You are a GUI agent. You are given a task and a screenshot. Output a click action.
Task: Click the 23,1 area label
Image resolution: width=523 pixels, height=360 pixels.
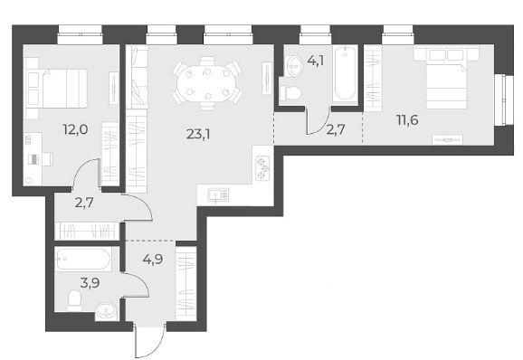coord(198,135)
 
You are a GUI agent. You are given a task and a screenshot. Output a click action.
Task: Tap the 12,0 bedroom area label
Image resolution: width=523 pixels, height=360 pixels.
coord(75,129)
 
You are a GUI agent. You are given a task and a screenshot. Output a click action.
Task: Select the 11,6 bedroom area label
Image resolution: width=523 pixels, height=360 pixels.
coord(407,119)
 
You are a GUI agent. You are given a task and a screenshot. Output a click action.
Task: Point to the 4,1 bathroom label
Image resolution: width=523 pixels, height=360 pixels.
coord(316,61)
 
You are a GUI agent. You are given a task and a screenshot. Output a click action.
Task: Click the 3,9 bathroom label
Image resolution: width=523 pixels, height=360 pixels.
coord(90,283)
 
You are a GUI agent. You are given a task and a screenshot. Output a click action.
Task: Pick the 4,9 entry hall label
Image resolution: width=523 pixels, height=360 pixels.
coord(153,259)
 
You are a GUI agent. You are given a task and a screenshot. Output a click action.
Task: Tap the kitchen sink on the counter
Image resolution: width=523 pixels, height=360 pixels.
coord(218,194)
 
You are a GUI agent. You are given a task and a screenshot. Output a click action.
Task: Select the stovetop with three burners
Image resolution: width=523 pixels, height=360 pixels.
coord(262,168)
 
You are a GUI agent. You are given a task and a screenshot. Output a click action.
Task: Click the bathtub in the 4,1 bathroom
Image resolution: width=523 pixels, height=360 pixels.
coord(345,73)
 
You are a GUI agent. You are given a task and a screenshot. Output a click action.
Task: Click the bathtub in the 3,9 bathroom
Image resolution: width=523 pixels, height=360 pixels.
coord(82,259)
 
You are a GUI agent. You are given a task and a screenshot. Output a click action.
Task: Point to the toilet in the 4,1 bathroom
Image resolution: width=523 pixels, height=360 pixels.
coord(290,93)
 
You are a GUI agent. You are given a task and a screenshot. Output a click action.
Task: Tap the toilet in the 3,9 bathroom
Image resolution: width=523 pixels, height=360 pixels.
coord(74,299)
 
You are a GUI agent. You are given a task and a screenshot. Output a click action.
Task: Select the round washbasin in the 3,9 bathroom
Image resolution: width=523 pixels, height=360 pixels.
coord(106,311)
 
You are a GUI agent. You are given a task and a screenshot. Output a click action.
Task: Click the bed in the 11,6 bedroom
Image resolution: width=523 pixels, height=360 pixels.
coord(446,82)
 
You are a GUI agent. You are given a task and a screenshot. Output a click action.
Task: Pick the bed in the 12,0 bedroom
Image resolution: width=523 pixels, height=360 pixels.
coord(61,89)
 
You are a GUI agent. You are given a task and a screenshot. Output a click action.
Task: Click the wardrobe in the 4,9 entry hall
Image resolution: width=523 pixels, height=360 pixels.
coord(185,283)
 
